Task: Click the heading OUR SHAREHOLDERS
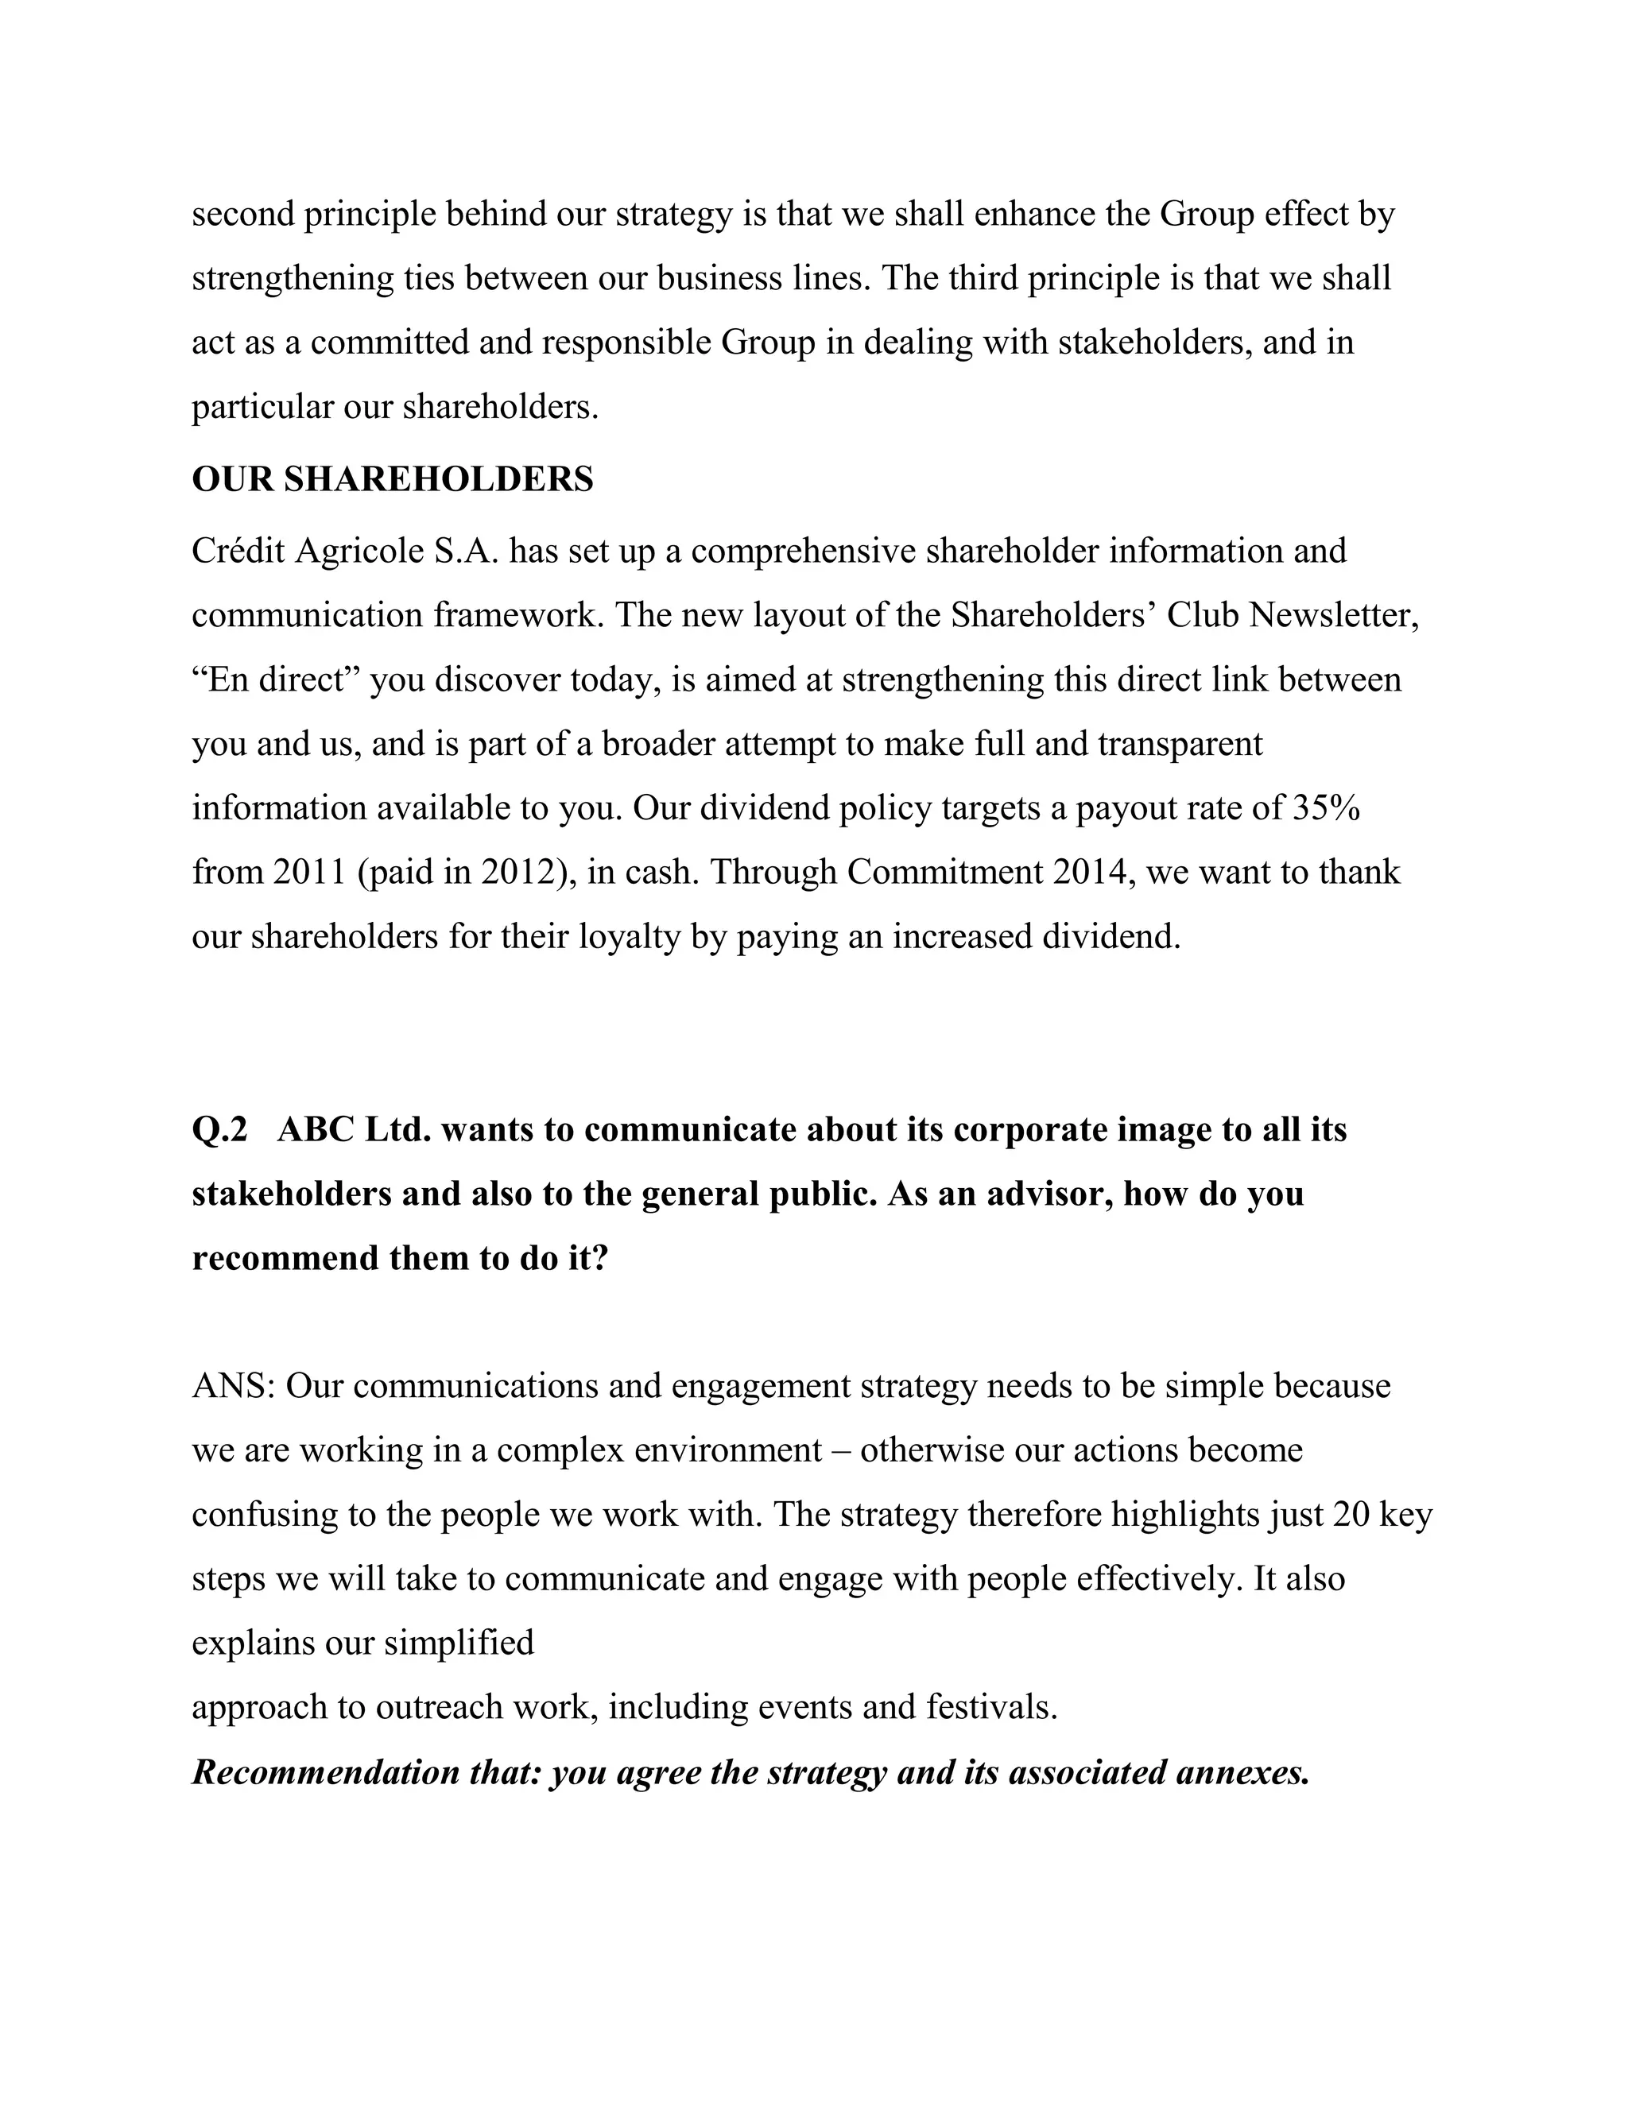393,479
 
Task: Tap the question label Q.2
220,1129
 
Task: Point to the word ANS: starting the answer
235,1387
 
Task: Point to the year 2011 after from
309,873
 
